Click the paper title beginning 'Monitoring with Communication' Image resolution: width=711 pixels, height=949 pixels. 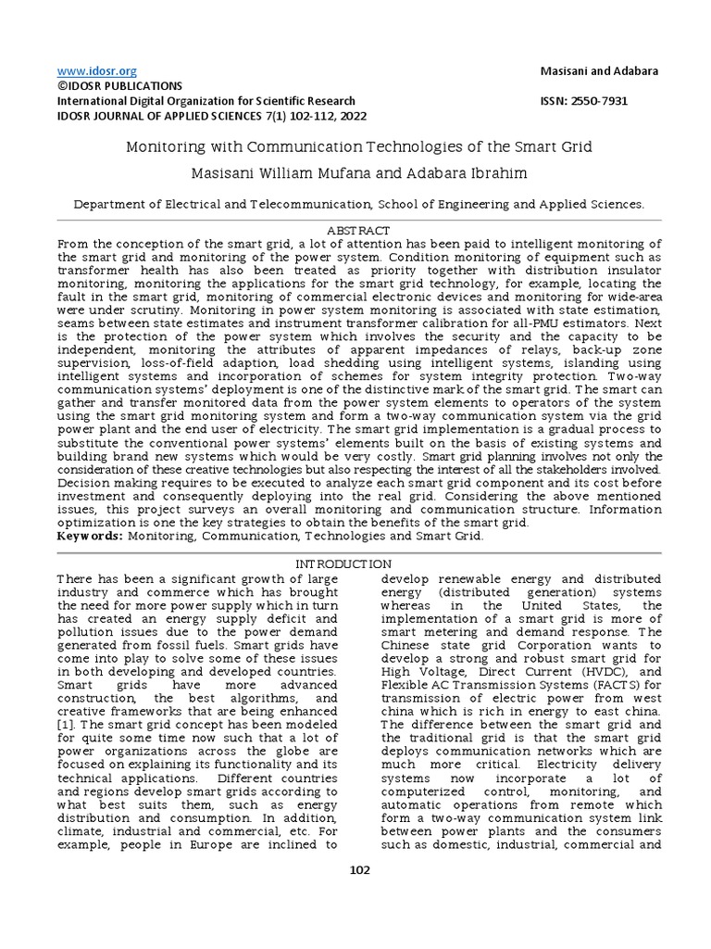pyautogui.click(x=358, y=147)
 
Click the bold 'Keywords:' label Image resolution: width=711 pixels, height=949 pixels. pyautogui.click(x=91, y=536)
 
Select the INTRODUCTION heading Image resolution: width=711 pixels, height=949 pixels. pyautogui.click(x=343, y=564)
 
